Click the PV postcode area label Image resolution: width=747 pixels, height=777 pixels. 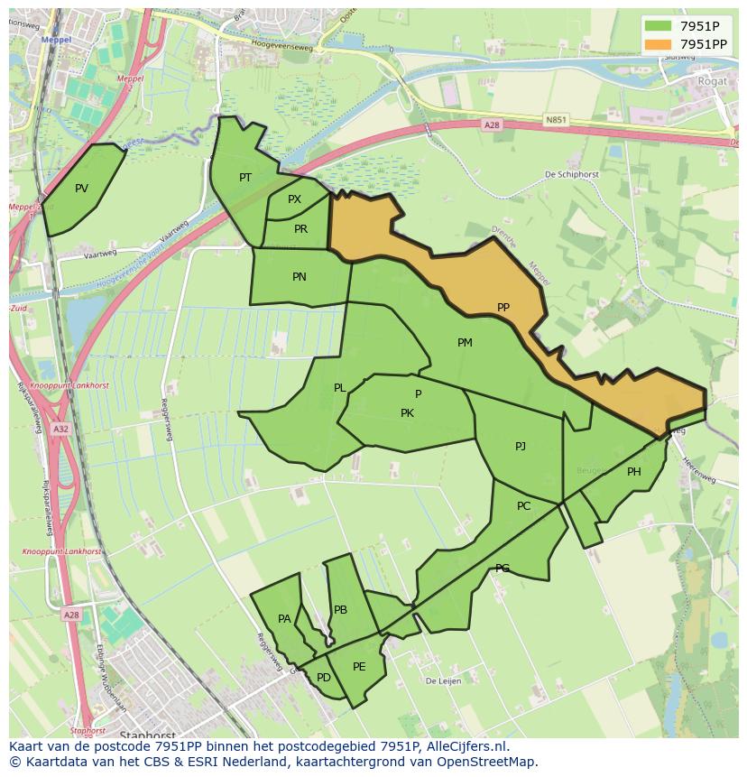coord(81,189)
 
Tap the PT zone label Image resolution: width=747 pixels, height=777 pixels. coord(245,178)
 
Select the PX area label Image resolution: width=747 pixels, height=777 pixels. coord(294,199)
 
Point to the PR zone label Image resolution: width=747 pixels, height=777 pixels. coord(300,229)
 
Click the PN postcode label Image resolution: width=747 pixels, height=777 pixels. coord(300,277)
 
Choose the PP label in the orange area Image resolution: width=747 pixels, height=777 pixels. coord(503,308)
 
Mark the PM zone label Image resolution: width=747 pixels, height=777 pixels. coord(465,343)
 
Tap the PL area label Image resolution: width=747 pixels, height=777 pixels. coord(339,388)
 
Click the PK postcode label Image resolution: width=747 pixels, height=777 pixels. coord(407,413)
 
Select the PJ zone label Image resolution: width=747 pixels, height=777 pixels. coord(521,447)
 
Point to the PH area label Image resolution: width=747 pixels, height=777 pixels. coord(634,472)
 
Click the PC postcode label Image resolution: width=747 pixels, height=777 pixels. coord(523,506)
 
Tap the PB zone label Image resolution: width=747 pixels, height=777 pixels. coord(340,610)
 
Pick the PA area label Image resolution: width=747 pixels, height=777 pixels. coord(284,619)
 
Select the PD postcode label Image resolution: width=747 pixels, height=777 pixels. coord(324,678)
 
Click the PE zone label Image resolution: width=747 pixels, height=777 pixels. coord(359,667)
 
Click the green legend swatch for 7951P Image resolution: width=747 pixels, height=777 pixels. coord(659,25)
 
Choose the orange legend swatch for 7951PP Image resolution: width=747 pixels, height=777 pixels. coord(659,44)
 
